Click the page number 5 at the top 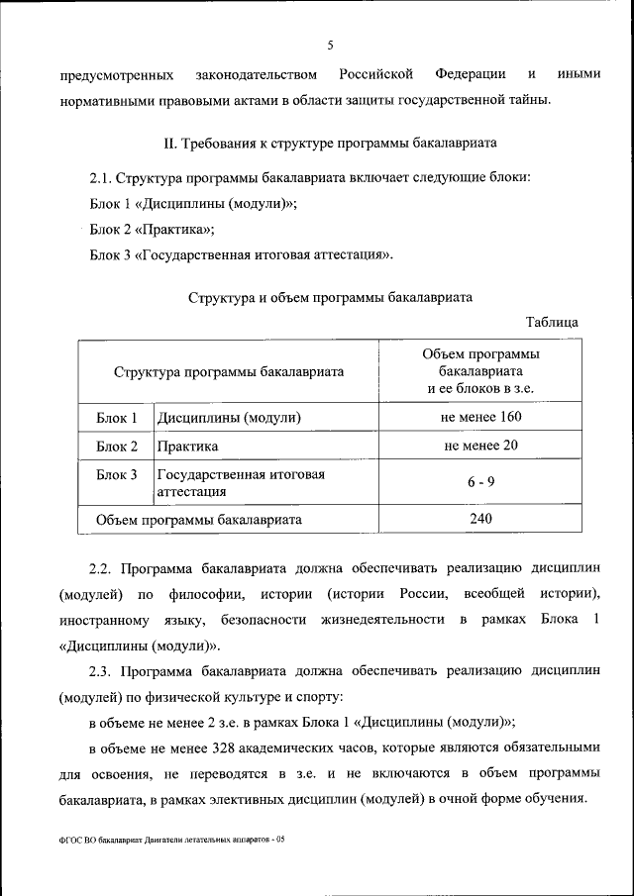pos(331,45)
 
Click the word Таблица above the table pos(553,322)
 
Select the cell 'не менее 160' pos(480,417)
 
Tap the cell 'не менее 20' pos(480,446)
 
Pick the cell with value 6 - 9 pos(480,482)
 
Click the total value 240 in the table pos(480,518)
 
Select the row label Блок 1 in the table pos(116,417)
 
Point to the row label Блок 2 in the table pos(116,446)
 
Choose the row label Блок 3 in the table pos(116,474)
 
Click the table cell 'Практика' pos(187,447)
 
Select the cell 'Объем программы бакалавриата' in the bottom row pos(199,519)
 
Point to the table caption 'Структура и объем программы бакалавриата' pos(330,296)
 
